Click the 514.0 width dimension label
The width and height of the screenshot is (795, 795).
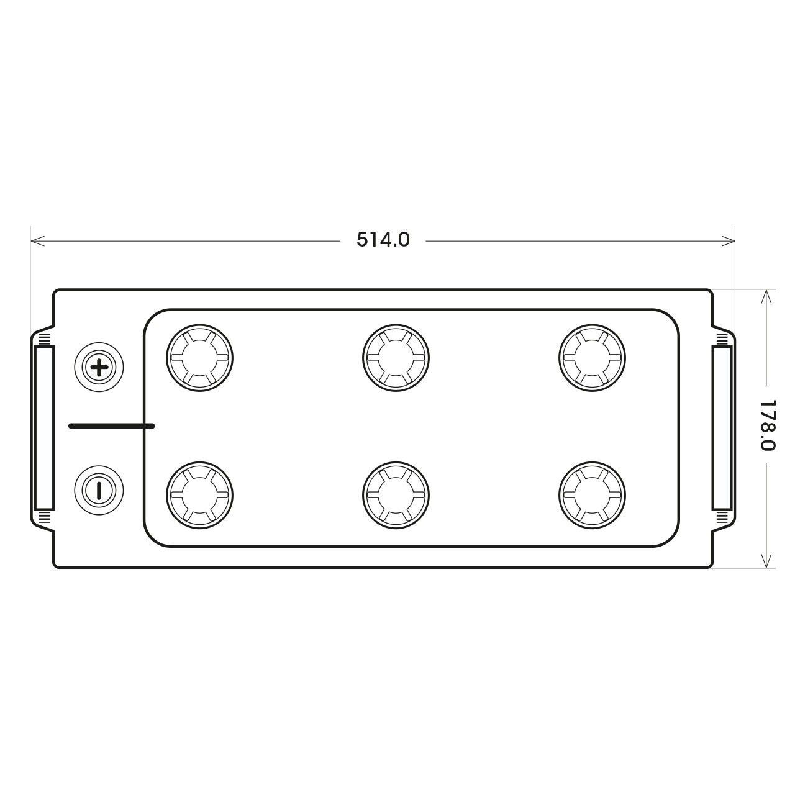(383, 240)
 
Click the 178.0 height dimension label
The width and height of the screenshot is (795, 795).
(768, 426)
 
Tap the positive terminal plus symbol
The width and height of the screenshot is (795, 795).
(99, 367)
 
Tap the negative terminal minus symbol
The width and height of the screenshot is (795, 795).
(99, 490)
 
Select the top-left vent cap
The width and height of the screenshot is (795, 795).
(199, 358)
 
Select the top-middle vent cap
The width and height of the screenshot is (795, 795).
(396, 358)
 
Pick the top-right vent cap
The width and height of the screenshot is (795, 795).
(593, 358)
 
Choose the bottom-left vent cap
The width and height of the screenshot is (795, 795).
(199, 495)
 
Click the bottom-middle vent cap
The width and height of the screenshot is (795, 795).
(396, 495)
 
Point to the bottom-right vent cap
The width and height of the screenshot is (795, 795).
(593, 495)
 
